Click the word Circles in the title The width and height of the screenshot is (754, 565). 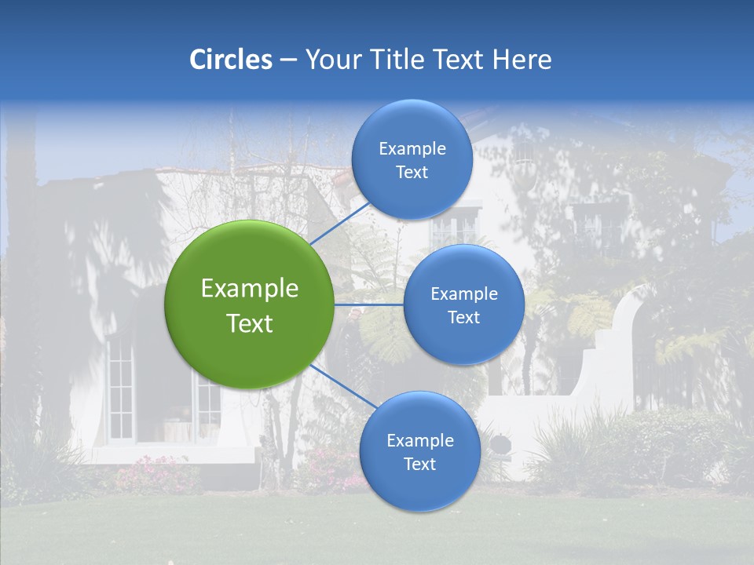pos(230,60)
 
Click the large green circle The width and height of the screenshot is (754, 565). pos(249,304)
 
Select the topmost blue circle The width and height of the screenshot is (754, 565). pos(412,159)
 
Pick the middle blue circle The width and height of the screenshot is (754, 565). pos(463,304)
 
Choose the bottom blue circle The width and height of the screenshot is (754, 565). pos(419,451)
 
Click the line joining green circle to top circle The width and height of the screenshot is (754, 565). pos(340,223)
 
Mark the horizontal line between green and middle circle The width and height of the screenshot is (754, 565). pos(368,304)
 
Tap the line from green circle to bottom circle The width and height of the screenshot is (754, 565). pos(344,388)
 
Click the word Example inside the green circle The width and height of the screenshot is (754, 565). pos(250,289)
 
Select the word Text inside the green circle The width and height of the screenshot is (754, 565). pos(250,323)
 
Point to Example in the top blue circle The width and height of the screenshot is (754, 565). pos(412,149)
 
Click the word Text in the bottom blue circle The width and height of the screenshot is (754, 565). pos(419,464)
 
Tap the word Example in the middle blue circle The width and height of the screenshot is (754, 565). pos(463,294)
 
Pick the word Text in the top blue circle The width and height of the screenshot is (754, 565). pos(412,172)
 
